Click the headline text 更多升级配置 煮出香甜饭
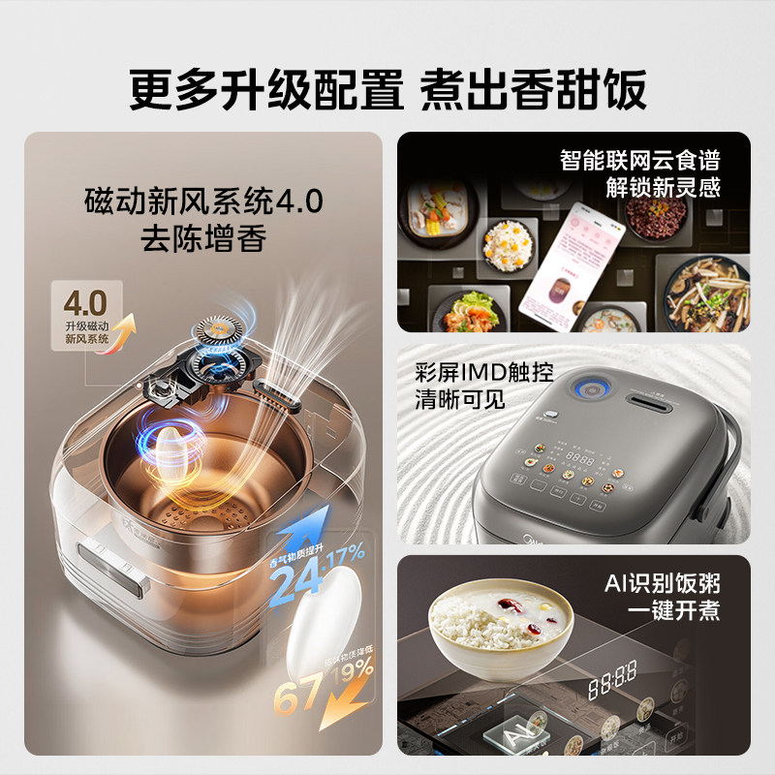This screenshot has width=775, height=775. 387,88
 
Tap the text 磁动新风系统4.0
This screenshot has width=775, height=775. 202,202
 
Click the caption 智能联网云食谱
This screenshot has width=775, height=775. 640,160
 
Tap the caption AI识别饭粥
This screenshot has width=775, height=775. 663,582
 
